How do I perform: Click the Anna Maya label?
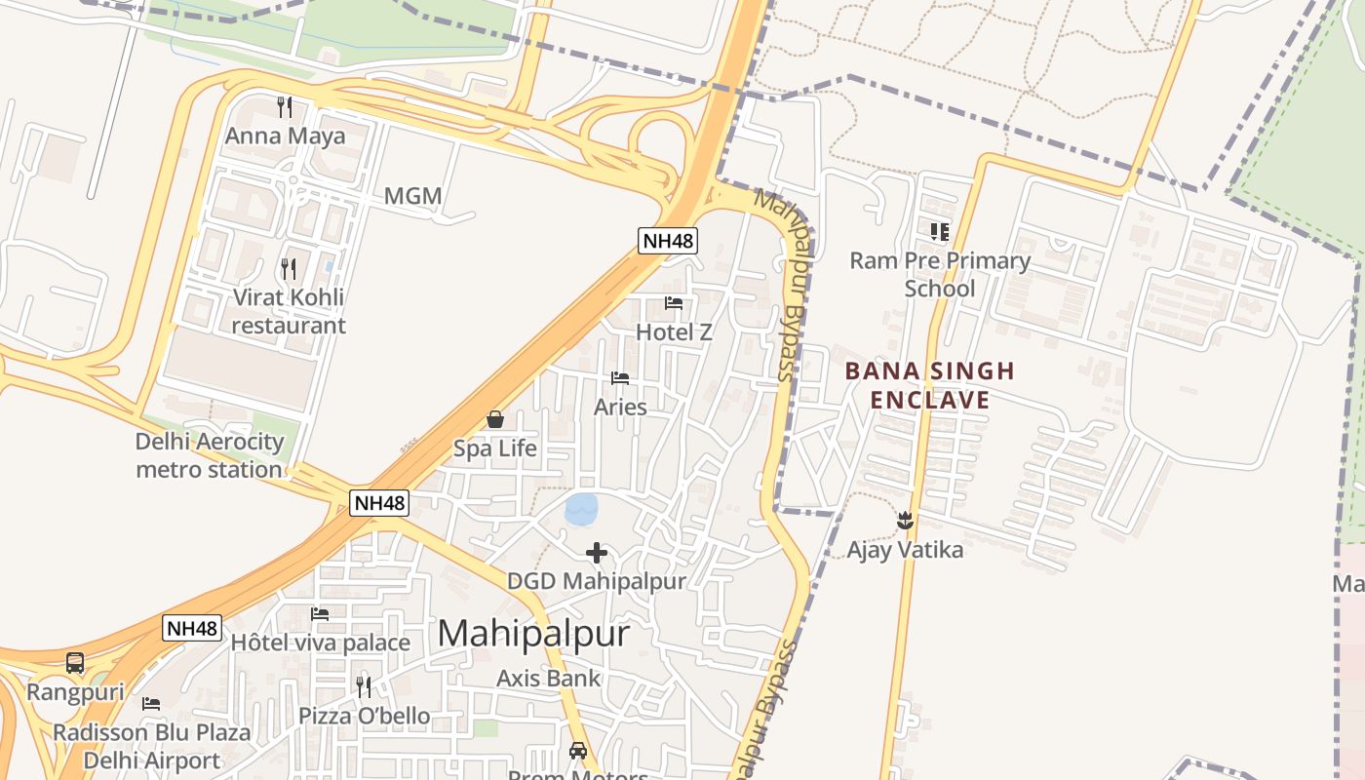(285, 136)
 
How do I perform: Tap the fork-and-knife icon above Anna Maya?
(285, 105)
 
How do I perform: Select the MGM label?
(412, 196)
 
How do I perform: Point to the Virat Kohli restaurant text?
(289, 311)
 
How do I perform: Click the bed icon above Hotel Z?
(674, 303)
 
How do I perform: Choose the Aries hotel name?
(620, 407)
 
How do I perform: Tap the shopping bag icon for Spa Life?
(495, 420)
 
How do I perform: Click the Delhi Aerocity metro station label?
(209, 455)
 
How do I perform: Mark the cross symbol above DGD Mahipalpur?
(597, 554)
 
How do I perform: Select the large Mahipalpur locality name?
(533, 634)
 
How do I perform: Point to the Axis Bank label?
(549, 678)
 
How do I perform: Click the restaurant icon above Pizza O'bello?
(364, 686)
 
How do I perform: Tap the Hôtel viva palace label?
(320, 643)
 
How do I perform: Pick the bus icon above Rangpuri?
(75, 663)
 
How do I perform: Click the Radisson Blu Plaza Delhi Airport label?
(151, 746)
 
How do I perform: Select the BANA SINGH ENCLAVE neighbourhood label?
(929, 385)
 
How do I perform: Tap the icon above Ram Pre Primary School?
(939, 232)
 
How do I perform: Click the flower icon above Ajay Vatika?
(905, 520)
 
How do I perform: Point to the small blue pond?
(581, 508)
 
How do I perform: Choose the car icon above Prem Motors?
(578, 751)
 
